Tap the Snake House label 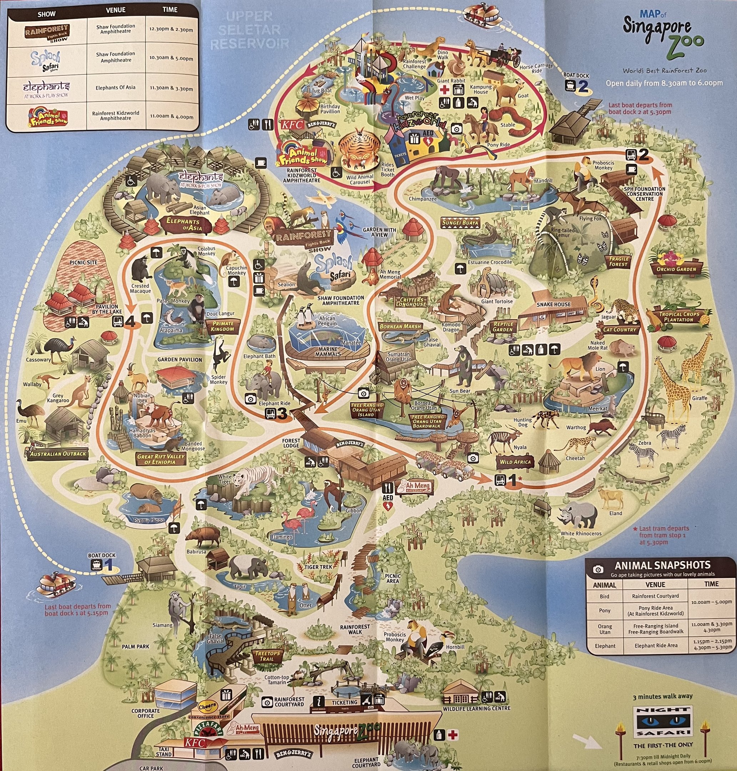click(553, 304)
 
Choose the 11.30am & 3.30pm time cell click(171, 89)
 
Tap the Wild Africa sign click(515, 462)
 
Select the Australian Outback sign click(58, 454)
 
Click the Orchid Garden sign click(676, 269)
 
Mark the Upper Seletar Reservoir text click(250, 30)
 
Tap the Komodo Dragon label click(451, 327)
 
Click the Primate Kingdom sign click(222, 326)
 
